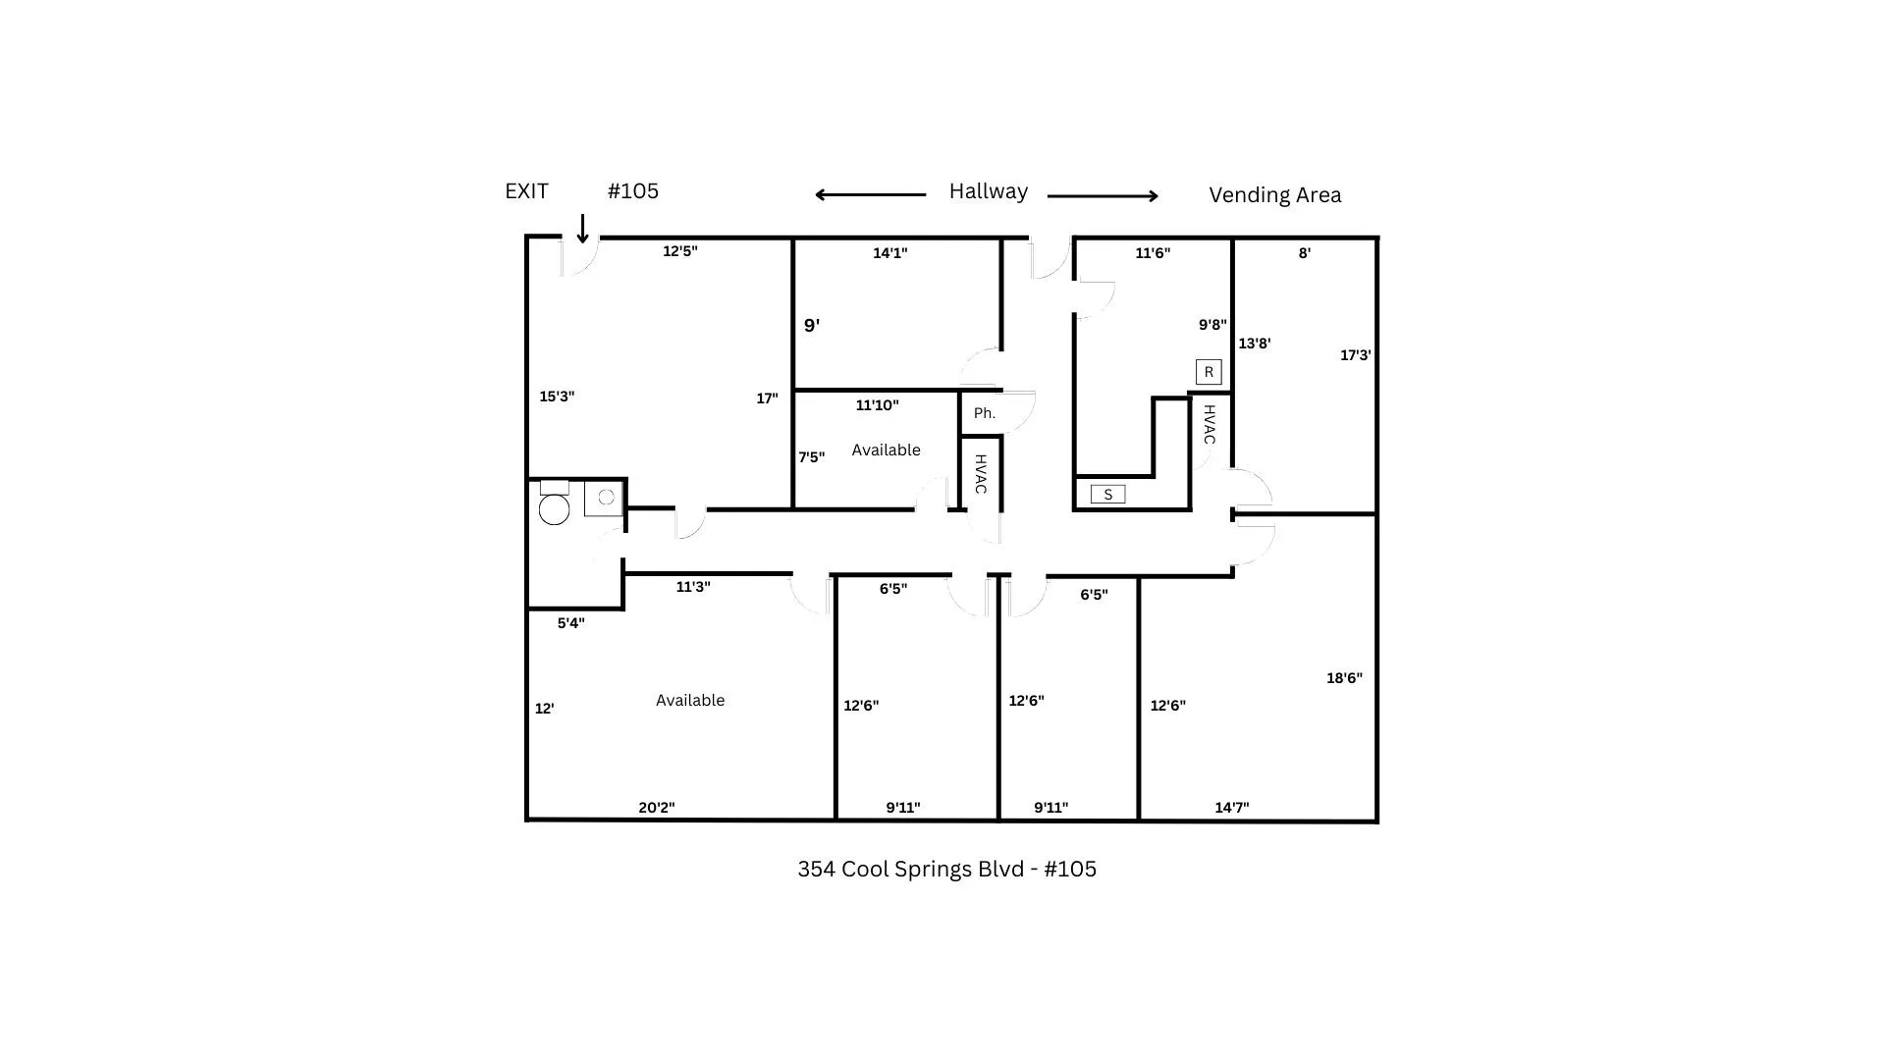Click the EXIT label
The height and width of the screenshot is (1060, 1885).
526,191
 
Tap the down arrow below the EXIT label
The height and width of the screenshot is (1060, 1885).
582,229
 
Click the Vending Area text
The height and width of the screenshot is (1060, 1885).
1274,195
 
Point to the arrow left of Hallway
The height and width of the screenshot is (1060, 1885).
870,194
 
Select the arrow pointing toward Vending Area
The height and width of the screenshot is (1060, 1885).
1104,196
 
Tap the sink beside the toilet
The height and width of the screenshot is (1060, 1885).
604,498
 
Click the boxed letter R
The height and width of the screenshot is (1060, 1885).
1209,372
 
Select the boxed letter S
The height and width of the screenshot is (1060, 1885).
1107,495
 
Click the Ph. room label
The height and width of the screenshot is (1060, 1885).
984,413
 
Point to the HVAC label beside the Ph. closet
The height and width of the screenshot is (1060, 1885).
980,474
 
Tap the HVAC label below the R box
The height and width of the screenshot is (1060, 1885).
1210,424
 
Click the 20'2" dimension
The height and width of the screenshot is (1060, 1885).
657,808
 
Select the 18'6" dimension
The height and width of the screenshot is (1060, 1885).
1344,678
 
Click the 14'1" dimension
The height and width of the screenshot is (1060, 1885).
890,253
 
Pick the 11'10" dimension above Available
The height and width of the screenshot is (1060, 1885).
877,405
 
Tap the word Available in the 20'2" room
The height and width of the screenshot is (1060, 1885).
690,700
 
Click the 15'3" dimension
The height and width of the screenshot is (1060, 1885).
557,397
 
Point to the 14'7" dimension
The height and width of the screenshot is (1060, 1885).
1232,808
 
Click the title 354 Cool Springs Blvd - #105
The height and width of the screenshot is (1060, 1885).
946,870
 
